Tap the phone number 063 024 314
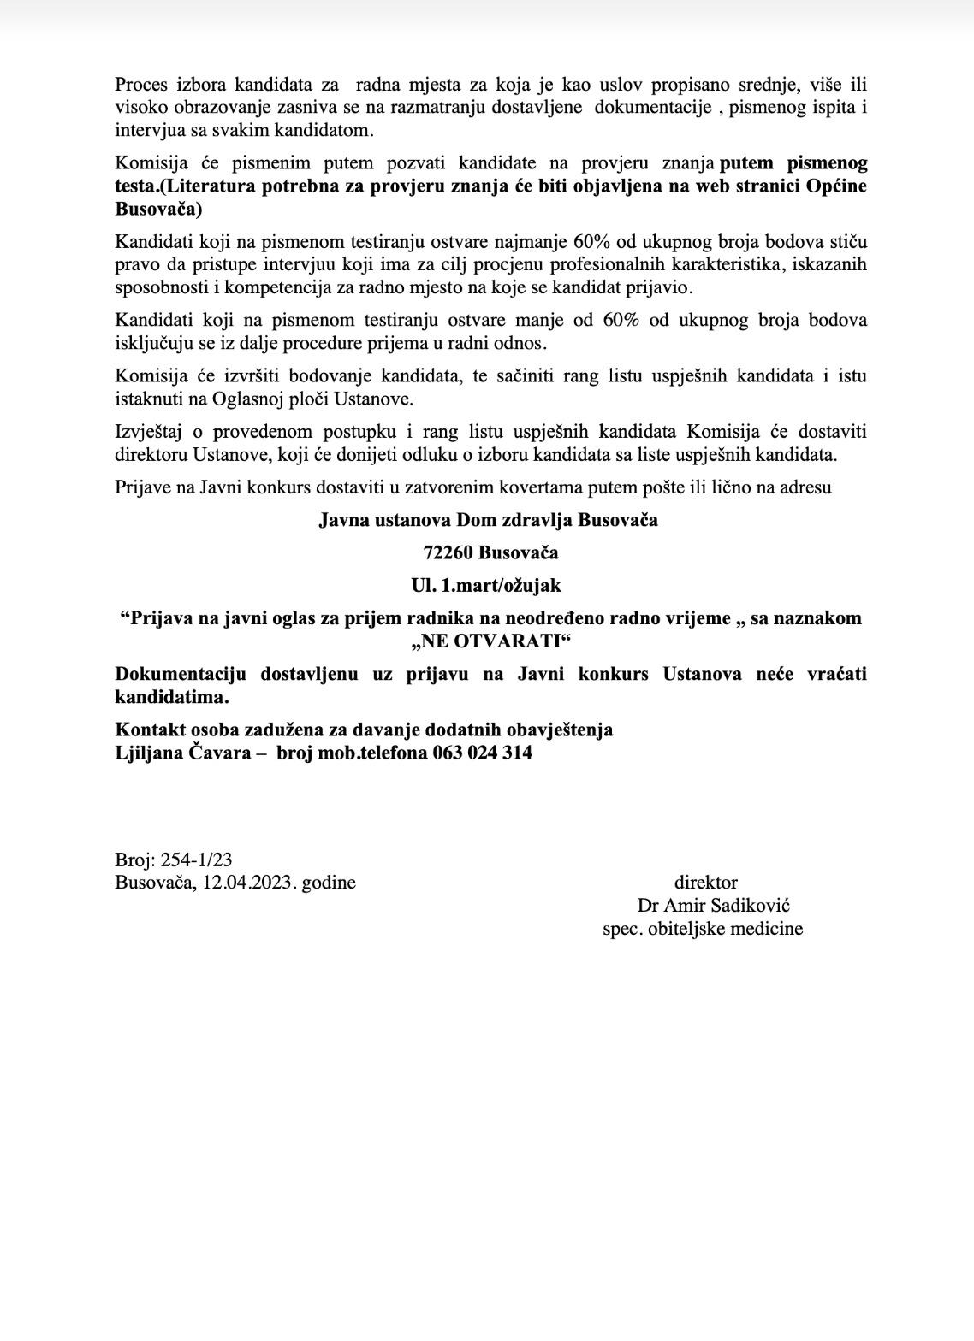pos(483,753)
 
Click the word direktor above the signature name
pos(705,882)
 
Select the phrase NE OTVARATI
pos(490,641)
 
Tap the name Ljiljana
pos(147,753)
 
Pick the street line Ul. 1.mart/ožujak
pos(486,585)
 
